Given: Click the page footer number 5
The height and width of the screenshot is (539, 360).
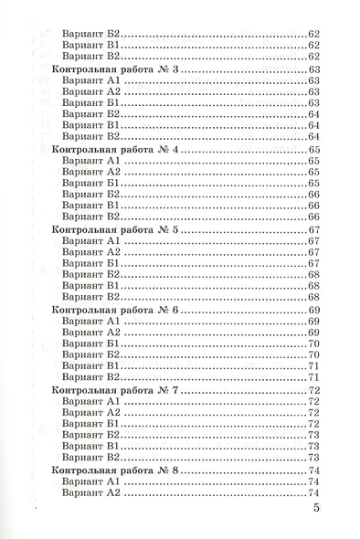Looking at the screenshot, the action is [x=315, y=509].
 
